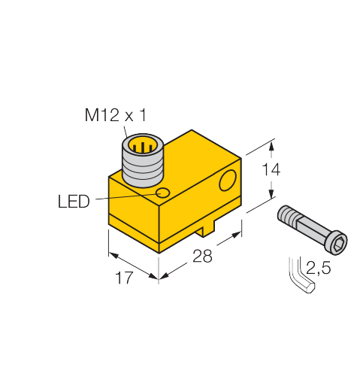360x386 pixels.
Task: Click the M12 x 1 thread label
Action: point(115,115)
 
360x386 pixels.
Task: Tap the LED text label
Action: point(74,202)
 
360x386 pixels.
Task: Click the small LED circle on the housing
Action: point(163,193)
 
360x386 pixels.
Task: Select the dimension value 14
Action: point(271,169)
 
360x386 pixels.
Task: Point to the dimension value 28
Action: point(202,256)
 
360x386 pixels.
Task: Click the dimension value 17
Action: point(124,278)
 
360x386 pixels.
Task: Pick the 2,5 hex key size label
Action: point(318,268)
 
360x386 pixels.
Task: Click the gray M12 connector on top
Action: point(143,160)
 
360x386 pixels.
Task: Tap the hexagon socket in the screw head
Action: point(337,245)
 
